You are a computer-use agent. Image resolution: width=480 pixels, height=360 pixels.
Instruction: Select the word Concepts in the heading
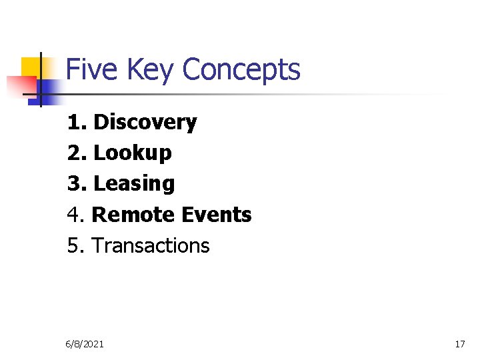point(241,70)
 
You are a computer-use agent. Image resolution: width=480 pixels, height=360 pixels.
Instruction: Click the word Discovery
point(145,123)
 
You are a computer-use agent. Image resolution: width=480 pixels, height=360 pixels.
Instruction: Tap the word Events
point(215,215)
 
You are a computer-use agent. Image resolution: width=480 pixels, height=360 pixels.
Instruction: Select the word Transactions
point(151,245)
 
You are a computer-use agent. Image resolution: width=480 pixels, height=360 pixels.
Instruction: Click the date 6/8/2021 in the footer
point(84,344)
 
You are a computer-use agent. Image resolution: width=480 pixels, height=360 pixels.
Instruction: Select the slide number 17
point(459,344)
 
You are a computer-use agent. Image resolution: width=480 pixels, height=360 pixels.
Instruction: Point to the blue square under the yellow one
point(48,87)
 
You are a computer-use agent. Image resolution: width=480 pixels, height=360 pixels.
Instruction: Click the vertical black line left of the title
point(41,79)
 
